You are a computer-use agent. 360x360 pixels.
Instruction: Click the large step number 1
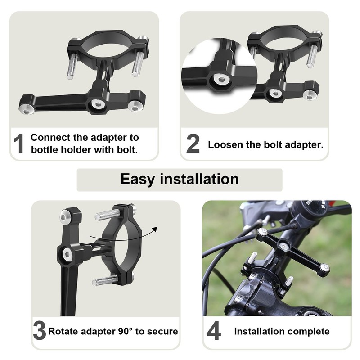[x=18, y=143]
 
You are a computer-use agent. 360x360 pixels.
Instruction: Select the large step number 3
[x=39, y=332]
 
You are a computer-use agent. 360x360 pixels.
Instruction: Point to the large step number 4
[x=214, y=332]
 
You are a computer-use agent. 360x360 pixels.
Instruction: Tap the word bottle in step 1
[x=45, y=149]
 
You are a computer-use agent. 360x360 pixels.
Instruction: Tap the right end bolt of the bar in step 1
[x=133, y=106]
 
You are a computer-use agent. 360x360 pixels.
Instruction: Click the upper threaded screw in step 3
[x=107, y=215]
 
